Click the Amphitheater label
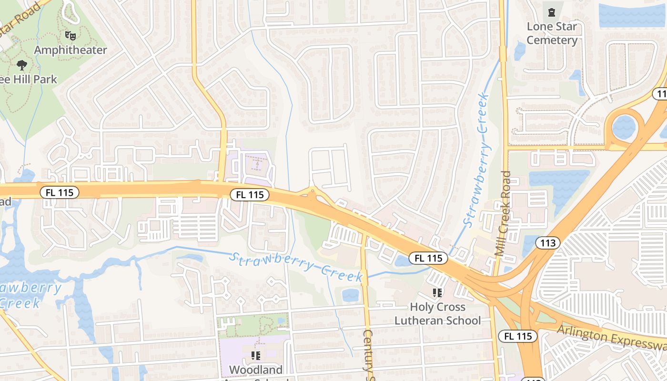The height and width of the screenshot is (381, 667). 71,50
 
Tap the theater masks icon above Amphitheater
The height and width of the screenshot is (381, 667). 71,35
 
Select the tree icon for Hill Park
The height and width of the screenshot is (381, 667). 21,65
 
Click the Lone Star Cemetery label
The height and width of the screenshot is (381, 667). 552,33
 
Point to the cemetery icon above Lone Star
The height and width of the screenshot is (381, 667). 552,12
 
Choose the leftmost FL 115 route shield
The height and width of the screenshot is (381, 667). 59,192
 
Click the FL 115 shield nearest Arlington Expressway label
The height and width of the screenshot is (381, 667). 518,336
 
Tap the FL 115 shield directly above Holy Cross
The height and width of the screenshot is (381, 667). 428,258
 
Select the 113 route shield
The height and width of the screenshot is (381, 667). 548,243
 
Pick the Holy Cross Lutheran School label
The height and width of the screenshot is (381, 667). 437,314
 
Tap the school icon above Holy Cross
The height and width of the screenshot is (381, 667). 437,292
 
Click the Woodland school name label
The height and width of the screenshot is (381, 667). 255,370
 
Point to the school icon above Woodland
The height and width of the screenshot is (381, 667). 256,355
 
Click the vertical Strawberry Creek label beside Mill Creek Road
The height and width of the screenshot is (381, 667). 476,160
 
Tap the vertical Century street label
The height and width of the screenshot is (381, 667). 368,352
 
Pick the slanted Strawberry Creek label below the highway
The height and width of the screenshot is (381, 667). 295,266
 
